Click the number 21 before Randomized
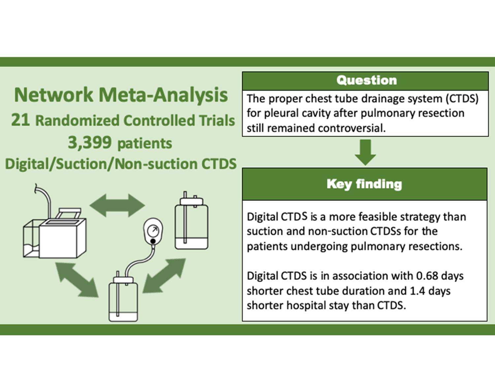tap(20, 120)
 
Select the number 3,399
tap(89, 143)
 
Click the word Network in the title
tap(54, 95)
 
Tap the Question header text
tap(366, 80)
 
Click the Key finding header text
tap(364, 184)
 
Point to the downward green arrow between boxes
tap(365, 152)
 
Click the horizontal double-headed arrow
tap(117, 205)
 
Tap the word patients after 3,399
tap(145, 143)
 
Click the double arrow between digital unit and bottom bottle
tap(77, 279)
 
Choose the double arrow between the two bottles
tap(164, 276)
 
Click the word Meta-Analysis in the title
tap(163, 95)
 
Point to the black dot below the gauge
tap(153, 242)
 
